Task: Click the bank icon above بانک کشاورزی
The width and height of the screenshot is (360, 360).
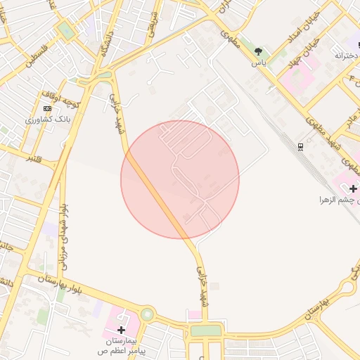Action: point(47,108)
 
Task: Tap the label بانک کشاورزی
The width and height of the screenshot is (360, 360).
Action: point(48,119)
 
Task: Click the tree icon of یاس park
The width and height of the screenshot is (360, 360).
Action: point(259,51)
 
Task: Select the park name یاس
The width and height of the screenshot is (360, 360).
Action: point(259,62)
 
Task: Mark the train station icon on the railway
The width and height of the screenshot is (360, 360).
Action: point(301,146)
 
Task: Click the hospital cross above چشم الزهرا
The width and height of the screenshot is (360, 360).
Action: point(352,188)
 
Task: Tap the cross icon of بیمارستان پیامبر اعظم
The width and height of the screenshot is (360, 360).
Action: point(121,329)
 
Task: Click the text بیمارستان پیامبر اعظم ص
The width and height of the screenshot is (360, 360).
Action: point(121,345)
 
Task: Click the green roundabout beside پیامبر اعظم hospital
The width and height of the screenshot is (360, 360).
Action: point(147,314)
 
